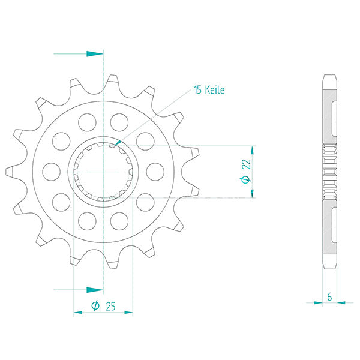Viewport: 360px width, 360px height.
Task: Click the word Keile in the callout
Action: point(214,90)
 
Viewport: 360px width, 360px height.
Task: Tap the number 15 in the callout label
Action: point(198,90)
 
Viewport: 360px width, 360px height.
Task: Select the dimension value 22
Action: point(246,163)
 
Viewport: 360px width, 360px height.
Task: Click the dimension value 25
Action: point(110,307)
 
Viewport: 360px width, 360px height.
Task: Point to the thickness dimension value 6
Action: point(329,296)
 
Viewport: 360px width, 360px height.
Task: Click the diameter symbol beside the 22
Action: point(245,180)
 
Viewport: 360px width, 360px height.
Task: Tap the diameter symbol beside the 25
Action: point(95,307)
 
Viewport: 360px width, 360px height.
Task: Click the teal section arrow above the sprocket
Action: point(93,54)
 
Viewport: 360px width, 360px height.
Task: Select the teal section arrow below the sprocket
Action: point(93,290)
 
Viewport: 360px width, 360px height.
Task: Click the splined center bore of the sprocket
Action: point(103,172)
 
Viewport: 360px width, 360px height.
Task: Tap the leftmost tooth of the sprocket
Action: point(11,172)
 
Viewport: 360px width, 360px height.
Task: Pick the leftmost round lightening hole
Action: point(51,172)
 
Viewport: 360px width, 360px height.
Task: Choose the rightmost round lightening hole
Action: point(155,172)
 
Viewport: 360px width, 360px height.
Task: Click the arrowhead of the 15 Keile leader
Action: point(119,142)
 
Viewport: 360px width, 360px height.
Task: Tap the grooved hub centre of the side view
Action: point(329,172)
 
